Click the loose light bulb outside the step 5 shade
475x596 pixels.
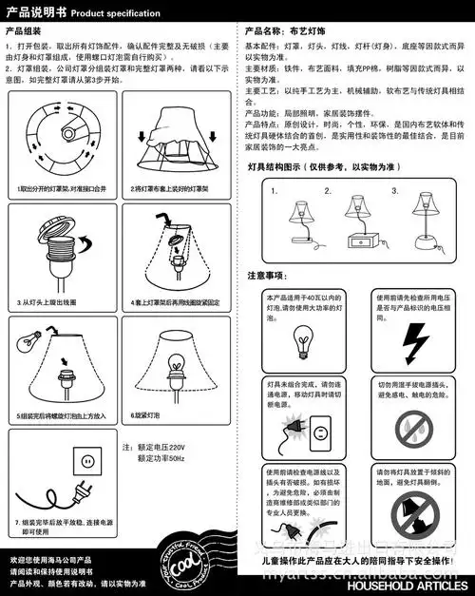[x=30, y=339]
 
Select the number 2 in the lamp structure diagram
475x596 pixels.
[x=329, y=191]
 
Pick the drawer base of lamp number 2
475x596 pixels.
[x=360, y=241]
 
